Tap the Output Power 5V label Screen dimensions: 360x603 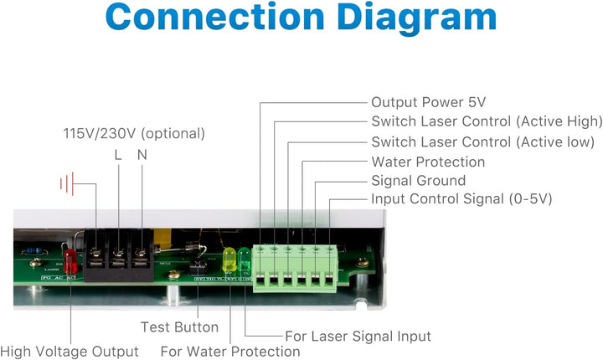(x=428, y=102)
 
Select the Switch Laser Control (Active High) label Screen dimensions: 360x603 (x=487, y=122)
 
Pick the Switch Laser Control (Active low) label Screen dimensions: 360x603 (x=483, y=142)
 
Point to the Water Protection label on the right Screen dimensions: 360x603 (x=428, y=162)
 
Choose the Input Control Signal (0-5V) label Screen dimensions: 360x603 (x=461, y=199)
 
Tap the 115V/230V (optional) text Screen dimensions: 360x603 (x=134, y=133)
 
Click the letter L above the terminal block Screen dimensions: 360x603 (x=118, y=155)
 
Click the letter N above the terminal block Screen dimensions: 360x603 (x=141, y=155)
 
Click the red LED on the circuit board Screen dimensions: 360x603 (x=70, y=256)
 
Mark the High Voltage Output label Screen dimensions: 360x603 (x=70, y=352)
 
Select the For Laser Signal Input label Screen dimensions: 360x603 (x=358, y=337)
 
